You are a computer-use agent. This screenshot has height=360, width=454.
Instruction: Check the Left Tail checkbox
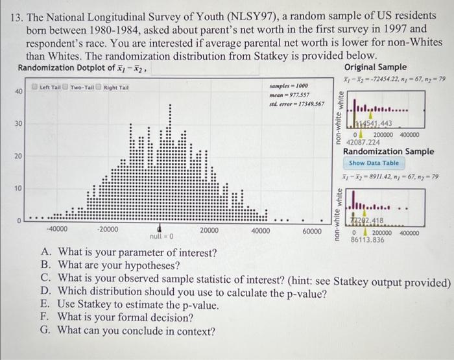click(36, 87)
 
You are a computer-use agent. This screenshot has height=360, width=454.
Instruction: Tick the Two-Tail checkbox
click(66, 87)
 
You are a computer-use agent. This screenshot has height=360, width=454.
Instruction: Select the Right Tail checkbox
click(99, 87)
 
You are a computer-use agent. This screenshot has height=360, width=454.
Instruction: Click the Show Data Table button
click(374, 163)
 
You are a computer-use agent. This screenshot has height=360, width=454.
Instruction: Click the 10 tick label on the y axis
click(18, 188)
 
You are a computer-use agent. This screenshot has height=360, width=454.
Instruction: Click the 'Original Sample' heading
click(376, 67)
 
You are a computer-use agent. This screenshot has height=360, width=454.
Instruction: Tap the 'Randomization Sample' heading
click(388, 151)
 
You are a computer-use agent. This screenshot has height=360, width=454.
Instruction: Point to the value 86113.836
click(368, 239)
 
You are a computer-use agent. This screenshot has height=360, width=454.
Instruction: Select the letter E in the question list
click(44, 305)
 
